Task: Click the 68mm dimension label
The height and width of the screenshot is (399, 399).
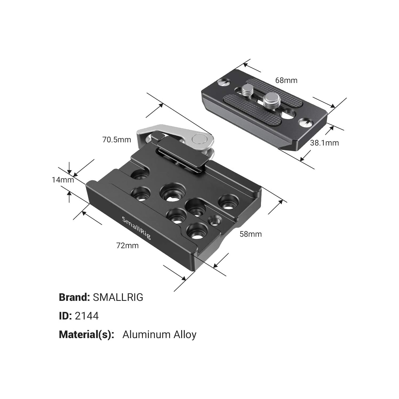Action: tap(286, 80)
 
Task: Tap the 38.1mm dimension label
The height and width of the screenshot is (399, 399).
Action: tap(324, 143)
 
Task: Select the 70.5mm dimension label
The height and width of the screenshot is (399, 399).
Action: tap(117, 140)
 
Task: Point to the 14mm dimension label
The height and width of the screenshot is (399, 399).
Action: tap(63, 180)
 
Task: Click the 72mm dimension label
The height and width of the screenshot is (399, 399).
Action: tap(127, 245)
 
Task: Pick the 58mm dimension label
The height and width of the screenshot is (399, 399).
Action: tap(251, 234)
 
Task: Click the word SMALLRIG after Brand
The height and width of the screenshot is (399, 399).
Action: tap(118, 297)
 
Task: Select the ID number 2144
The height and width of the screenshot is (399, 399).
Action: tap(87, 316)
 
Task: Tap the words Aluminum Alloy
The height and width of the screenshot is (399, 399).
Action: tap(159, 335)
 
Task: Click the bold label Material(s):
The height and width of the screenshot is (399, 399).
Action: tap(86, 335)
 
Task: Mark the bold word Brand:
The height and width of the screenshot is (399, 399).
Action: tap(74, 297)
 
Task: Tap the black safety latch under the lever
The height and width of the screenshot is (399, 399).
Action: tap(184, 154)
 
